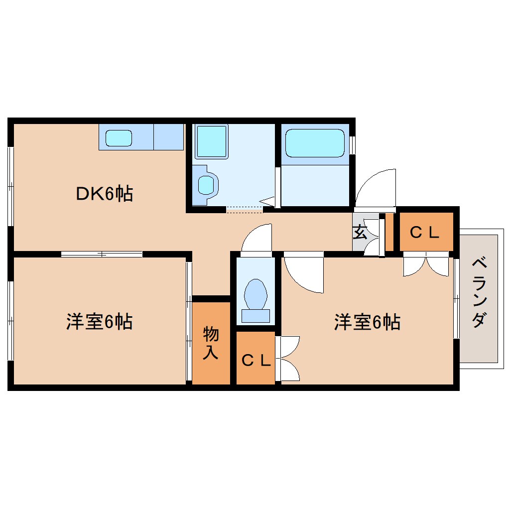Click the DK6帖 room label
(104, 193)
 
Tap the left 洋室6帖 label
(99, 322)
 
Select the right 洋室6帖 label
(367, 322)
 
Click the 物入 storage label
(211, 343)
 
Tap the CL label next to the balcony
(424, 233)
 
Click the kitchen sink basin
(119, 138)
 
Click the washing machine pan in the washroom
(211, 141)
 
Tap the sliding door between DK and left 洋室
(102, 254)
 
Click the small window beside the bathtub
(353, 145)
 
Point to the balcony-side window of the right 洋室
(456, 298)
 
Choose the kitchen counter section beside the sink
(168, 136)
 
